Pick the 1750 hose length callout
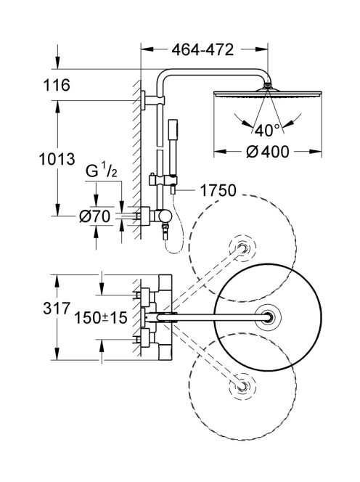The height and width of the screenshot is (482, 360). click(x=217, y=190)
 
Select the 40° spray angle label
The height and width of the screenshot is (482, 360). click(x=268, y=131)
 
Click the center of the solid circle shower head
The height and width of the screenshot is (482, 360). click(x=269, y=317)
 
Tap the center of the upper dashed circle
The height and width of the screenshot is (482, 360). click(x=242, y=248)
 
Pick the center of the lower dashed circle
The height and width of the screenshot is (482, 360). click(x=242, y=386)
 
